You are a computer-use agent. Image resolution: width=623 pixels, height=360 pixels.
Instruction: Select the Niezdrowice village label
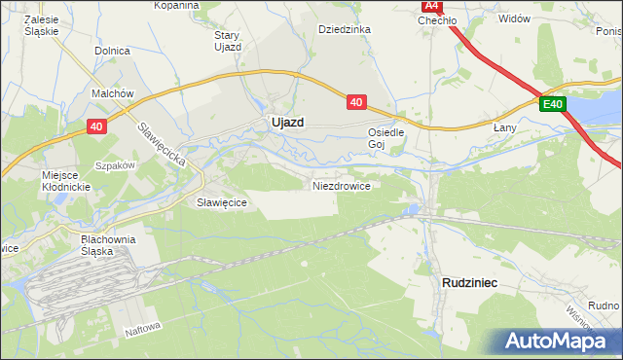point(341,185)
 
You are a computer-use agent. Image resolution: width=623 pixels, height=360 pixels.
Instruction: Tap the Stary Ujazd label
point(227,41)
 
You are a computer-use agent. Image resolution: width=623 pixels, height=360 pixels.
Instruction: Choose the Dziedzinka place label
point(345,29)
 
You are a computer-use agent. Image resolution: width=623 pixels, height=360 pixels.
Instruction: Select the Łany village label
point(504,127)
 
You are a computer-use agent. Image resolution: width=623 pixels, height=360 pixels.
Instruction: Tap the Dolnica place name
point(113,50)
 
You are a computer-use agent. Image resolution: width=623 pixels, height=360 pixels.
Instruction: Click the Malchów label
point(112,93)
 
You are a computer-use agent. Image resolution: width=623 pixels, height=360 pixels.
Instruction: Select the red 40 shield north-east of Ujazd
point(356,100)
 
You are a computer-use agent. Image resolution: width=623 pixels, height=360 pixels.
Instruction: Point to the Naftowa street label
point(141,331)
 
